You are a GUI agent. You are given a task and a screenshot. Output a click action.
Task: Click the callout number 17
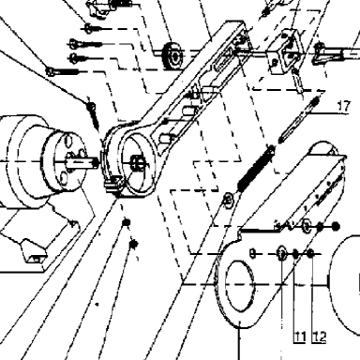[344, 106]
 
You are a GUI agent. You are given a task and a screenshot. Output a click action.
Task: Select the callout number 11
[300, 337]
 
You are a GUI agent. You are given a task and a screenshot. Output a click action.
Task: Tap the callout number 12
[319, 337]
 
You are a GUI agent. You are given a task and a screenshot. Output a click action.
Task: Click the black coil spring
[256, 169]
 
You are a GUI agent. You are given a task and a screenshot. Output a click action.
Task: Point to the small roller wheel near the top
[172, 56]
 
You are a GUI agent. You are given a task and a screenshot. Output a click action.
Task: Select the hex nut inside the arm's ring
[138, 162]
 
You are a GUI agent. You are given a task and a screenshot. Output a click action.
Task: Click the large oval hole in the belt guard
[239, 286]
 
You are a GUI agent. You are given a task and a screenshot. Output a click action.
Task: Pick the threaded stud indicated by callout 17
[298, 120]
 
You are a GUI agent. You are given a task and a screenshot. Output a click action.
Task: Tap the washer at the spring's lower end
[229, 199]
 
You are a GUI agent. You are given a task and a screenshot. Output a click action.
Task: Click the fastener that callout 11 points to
[295, 254]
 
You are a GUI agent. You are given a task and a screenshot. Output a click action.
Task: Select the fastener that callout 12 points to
[310, 254]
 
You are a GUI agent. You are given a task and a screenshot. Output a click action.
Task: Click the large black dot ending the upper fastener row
[336, 226]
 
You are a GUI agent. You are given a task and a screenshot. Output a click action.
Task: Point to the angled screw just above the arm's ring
[93, 115]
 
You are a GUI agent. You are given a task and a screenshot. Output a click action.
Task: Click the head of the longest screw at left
[50, 72]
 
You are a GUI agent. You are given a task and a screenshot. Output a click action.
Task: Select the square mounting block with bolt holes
[286, 53]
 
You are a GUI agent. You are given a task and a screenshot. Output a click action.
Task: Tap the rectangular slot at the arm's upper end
[224, 59]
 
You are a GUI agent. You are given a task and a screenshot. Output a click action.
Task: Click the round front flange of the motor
[64, 162]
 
